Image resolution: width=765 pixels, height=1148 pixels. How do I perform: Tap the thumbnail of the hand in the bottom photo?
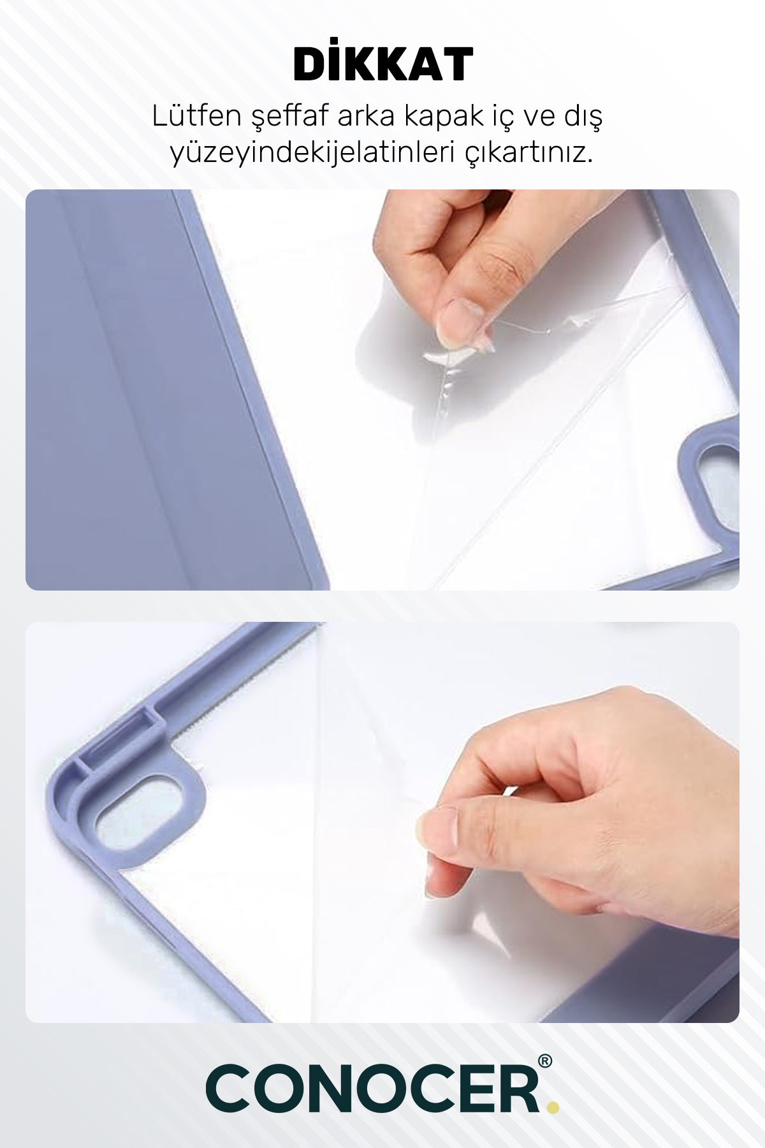click(437, 828)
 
